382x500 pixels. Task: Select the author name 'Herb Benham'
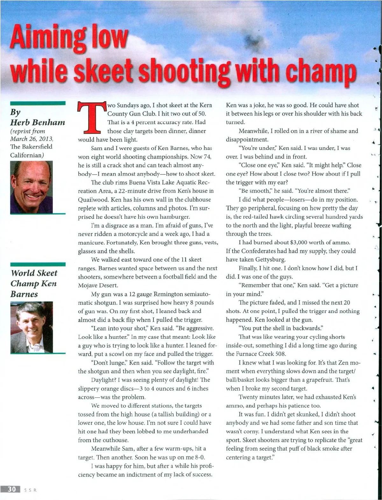(x=38, y=122)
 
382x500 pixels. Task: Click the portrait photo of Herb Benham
(x=32, y=187)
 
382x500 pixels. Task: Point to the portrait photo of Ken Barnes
(x=32, y=327)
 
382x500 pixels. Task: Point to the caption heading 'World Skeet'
(x=34, y=273)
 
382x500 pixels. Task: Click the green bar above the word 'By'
(x=38, y=103)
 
